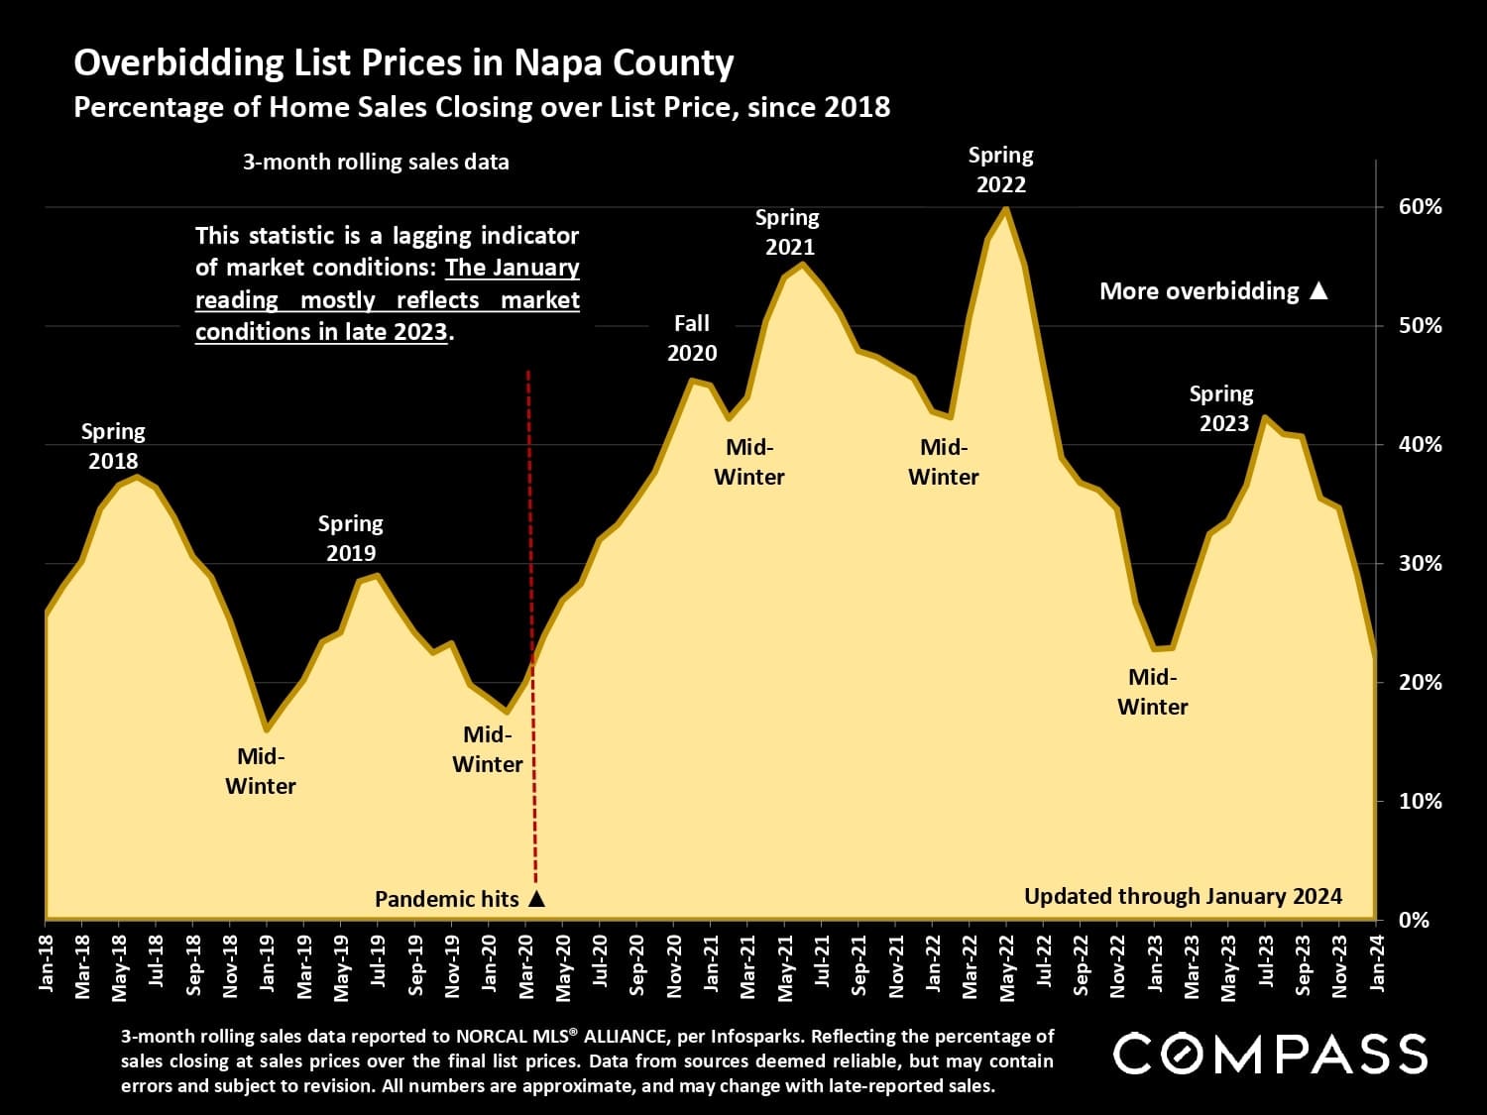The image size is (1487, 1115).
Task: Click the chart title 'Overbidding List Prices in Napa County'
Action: (403, 63)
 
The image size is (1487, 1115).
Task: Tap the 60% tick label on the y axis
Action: (1420, 207)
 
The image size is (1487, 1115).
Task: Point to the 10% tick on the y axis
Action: (1420, 801)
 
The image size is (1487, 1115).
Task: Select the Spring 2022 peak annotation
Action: (1000, 169)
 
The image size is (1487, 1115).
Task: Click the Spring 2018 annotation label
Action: (113, 446)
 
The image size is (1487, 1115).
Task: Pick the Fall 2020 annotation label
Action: (692, 338)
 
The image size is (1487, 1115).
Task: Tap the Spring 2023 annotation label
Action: (1222, 408)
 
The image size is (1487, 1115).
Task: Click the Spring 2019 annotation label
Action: (350, 538)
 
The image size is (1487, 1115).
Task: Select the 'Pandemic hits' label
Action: (446, 899)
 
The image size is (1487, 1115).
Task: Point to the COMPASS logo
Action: (1270, 1054)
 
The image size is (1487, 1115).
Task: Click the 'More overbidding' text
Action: (1199, 291)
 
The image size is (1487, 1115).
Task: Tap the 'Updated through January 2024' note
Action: (1183, 897)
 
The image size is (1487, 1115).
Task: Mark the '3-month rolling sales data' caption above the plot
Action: (376, 163)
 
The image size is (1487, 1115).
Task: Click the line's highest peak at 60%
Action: (1006, 208)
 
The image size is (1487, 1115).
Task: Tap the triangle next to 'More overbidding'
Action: (1318, 291)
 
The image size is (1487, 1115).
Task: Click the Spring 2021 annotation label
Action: (788, 232)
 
